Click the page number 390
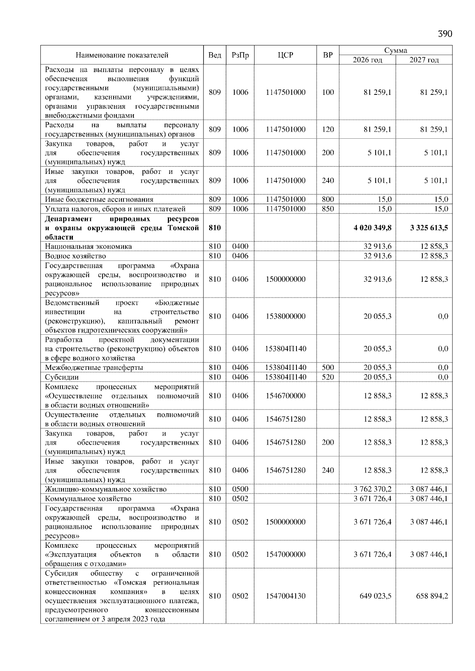click(x=445, y=34)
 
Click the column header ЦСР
click(x=285, y=55)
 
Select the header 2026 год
click(x=367, y=60)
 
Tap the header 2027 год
click(x=424, y=60)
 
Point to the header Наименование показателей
click(x=122, y=55)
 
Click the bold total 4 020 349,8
click(x=372, y=228)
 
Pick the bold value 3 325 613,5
click(x=429, y=228)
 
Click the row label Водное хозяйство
click(x=75, y=256)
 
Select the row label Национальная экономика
click(x=88, y=246)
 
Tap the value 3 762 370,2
click(x=372, y=489)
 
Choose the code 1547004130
click(x=285, y=596)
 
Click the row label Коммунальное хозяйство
click(x=88, y=498)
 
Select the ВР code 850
click(x=328, y=209)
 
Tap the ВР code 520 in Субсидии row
click(x=328, y=377)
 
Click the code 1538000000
click(x=285, y=316)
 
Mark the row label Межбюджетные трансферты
click(x=94, y=367)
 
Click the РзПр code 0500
click(x=240, y=489)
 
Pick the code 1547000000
click(x=285, y=554)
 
